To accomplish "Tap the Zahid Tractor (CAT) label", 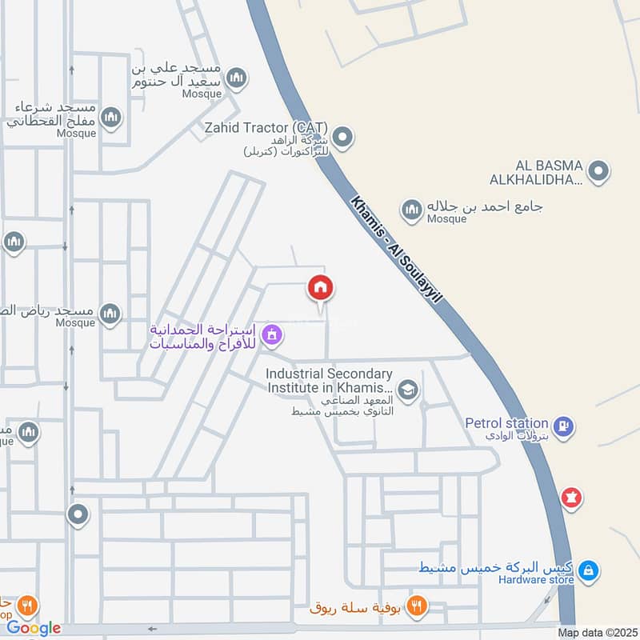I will (277, 128).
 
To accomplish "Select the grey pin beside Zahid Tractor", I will (343, 138).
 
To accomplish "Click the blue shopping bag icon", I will (588, 570).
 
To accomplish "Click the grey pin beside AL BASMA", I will (598, 170).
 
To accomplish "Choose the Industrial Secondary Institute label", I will (329, 380).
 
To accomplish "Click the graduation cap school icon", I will (408, 390).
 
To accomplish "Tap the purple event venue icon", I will (272, 335).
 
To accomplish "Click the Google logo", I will (34, 628).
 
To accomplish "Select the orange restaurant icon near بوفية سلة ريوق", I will (415, 606).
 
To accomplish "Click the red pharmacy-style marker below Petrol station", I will (570, 498).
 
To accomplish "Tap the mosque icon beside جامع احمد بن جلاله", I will (412, 210).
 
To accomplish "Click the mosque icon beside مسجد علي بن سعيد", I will (236, 78).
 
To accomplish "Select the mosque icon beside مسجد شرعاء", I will (111, 118).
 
